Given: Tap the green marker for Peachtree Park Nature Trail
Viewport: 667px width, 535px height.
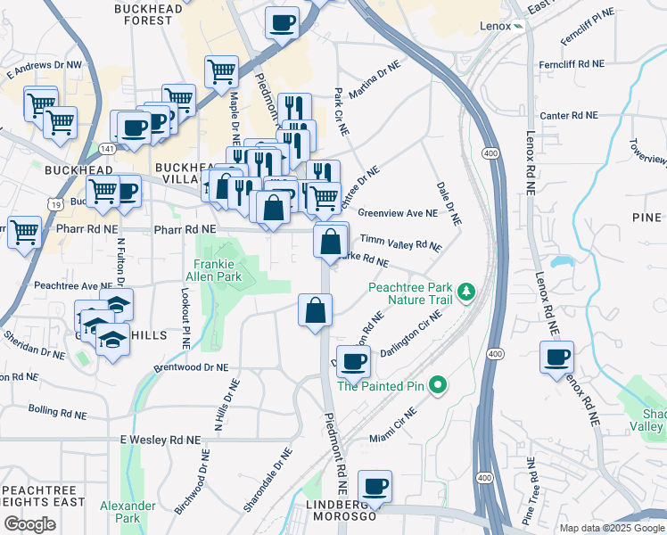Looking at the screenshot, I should coord(465,292).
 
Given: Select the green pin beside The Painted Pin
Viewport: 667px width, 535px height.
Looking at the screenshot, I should coord(437,385).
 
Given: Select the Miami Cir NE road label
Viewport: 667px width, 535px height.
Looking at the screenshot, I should coord(393,425).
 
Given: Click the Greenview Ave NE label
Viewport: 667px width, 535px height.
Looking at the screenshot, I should coord(398,213).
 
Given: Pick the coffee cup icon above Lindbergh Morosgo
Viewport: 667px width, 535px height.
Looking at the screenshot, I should coord(375,486).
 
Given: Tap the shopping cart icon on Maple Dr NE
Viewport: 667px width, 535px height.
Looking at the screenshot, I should coord(221,70).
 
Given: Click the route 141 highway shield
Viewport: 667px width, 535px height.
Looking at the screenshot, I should coord(106,149).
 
